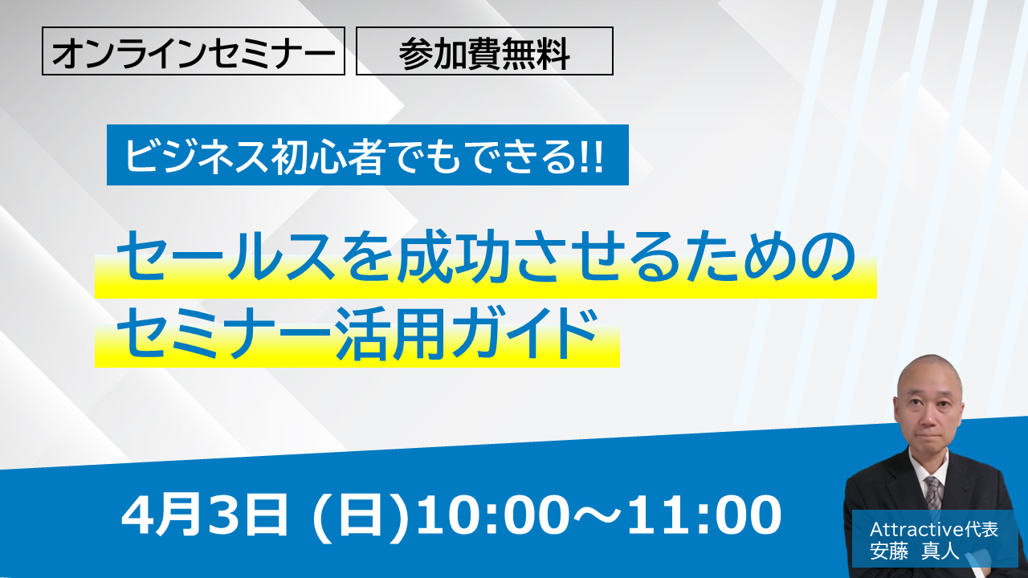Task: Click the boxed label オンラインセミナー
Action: point(194,51)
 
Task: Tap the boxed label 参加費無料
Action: point(484,51)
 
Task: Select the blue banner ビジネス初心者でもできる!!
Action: point(368,155)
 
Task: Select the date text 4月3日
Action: point(204,515)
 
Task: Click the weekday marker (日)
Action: point(360,515)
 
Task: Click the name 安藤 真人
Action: point(914,551)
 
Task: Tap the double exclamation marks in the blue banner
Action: point(591,157)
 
